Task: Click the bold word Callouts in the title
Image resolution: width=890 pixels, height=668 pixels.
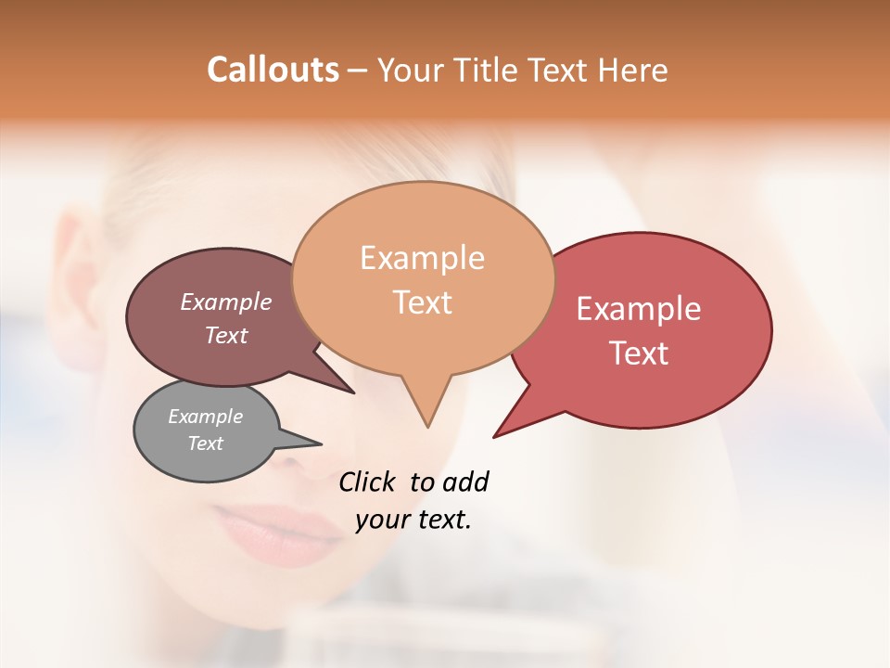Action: point(273,70)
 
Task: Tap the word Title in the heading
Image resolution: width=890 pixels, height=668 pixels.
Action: point(486,70)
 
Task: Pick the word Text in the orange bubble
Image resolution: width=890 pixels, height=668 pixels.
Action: point(423,302)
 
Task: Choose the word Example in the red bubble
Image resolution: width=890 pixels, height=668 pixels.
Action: point(639,309)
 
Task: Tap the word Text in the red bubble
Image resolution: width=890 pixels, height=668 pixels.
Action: point(639,353)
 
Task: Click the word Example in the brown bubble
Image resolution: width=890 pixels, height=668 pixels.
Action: point(225,302)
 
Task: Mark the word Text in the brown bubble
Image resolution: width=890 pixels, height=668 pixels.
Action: point(226,335)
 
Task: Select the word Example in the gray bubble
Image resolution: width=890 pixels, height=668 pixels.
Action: point(205,417)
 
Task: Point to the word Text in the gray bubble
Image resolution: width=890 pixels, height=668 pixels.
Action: point(206,443)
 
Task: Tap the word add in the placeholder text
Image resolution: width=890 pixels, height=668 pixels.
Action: point(465,482)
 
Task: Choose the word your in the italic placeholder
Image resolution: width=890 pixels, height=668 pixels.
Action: point(382,520)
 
